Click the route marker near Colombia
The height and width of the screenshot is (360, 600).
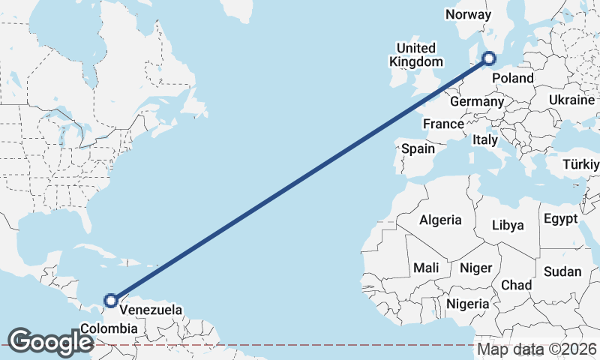111,301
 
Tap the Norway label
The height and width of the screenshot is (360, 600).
468,14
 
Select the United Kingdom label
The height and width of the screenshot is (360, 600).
415,55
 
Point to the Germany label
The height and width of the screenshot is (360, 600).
477,101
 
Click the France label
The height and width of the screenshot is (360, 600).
443,124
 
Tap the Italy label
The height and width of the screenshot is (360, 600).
485,140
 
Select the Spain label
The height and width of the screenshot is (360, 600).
418,148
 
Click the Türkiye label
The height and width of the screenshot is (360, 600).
582,164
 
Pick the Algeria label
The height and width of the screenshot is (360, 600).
440,220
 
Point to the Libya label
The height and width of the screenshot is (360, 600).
508,225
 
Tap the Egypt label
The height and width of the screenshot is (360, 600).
560,219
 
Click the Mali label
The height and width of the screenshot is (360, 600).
426,268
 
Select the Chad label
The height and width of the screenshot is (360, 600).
516,285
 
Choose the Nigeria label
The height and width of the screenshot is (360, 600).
467,304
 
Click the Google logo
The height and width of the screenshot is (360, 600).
50,341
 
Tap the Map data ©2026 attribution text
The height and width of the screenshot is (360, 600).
537,349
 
